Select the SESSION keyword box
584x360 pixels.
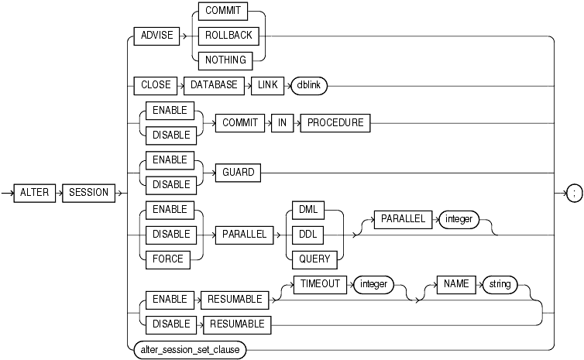coord(89,193)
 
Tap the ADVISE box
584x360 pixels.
coord(158,36)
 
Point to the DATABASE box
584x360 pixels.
coord(215,85)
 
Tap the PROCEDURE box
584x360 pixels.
coord(334,123)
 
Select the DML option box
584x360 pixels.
coord(316,210)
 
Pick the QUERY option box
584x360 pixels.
coord(316,259)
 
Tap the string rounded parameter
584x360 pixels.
coord(500,284)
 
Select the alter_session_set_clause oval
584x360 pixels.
coord(190,351)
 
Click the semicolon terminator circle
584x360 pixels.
coord(574,193)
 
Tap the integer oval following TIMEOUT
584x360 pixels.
coord(374,284)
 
